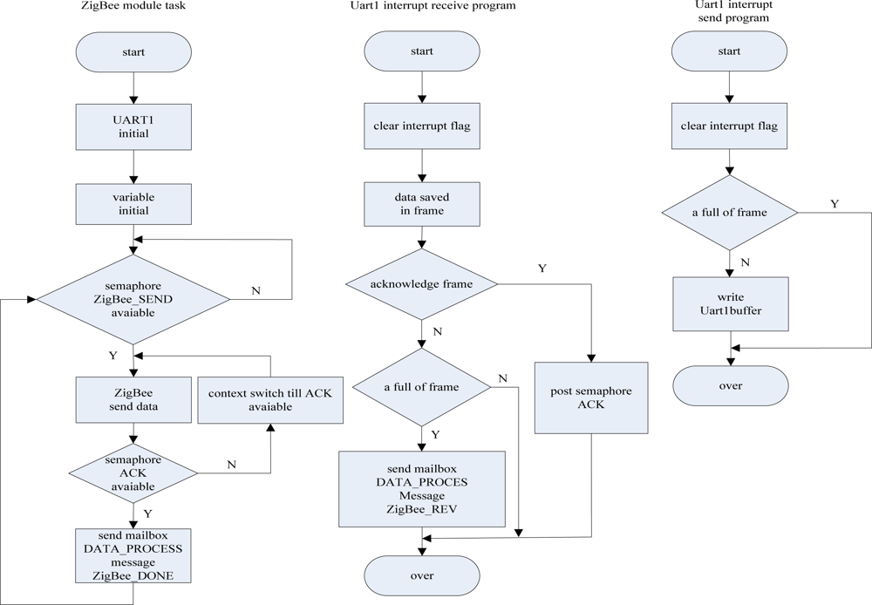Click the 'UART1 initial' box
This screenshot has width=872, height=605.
click(133, 128)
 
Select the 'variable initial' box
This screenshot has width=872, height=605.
click(133, 204)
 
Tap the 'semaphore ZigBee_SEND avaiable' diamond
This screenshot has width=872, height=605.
click(133, 299)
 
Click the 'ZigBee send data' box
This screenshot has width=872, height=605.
click(133, 399)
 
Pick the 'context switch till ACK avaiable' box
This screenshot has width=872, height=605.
click(270, 399)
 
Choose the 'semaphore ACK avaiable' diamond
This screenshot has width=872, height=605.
click(133, 473)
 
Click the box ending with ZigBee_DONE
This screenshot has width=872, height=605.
click(133, 555)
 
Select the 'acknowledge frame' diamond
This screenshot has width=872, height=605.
click(422, 283)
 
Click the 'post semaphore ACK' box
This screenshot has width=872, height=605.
click(592, 398)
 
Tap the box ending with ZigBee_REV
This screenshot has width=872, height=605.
click(422, 489)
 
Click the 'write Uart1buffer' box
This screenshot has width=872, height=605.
click(730, 304)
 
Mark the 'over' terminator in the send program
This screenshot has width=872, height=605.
click(730, 385)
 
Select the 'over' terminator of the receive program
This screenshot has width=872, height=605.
click(422, 575)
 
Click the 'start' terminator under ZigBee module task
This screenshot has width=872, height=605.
click(133, 52)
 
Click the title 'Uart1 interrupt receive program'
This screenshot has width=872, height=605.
click(422, 6)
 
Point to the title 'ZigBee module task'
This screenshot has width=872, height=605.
click(131, 6)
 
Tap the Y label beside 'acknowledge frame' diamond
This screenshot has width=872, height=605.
click(542, 269)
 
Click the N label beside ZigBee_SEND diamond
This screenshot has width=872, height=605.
click(255, 290)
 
